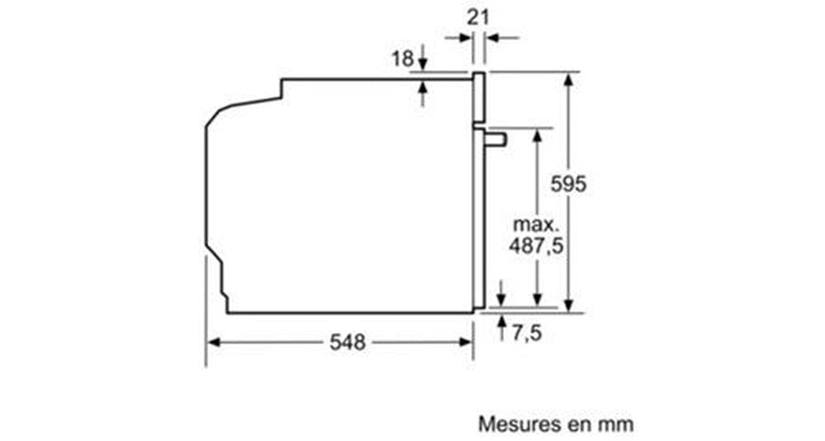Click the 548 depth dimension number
[347, 343]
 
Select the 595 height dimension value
[568, 183]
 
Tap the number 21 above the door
[478, 17]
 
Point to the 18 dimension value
[402, 59]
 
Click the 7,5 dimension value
[526, 333]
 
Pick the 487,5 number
[535, 246]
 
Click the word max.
[535, 225]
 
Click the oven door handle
[495, 139]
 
